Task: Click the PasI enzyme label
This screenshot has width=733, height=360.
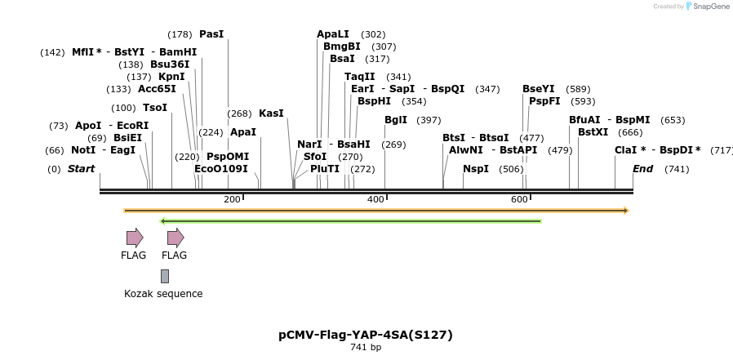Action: pyautogui.click(x=211, y=34)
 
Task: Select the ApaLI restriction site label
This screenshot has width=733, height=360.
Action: pyautogui.click(x=333, y=34)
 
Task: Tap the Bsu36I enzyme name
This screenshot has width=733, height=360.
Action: pyautogui.click(x=170, y=64)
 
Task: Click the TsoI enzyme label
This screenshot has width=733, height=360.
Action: pyautogui.click(x=155, y=108)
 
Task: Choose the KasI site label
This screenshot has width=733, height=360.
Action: pyautogui.click(x=271, y=113)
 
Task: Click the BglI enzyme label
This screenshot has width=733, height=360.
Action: pyautogui.click(x=396, y=120)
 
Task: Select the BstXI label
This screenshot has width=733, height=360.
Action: pyautogui.click(x=593, y=132)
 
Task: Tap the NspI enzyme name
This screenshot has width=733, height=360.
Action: pyautogui.click(x=476, y=169)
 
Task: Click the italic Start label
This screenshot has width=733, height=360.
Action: pyautogui.click(x=81, y=169)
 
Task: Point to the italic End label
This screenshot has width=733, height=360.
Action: pyautogui.click(x=643, y=169)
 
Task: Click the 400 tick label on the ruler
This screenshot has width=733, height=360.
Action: pyautogui.click(x=375, y=199)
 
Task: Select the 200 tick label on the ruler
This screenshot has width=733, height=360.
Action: pyautogui.click(x=232, y=199)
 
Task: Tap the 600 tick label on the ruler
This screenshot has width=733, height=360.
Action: pyautogui.click(x=519, y=199)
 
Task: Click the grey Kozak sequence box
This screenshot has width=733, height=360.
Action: pyautogui.click(x=165, y=277)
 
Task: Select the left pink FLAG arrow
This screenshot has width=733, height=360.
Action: pyautogui.click(x=135, y=238)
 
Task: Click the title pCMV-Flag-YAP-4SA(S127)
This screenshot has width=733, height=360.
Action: pyautogui.click(x=366, y=335)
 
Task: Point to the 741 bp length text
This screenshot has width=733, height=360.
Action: pyautogui.click(x=366, y=348)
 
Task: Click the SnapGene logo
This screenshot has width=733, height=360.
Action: pyautogui.click(x=708, y=7)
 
